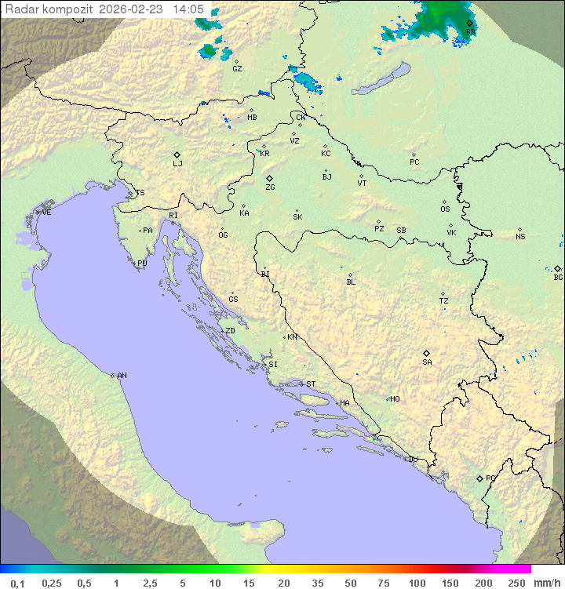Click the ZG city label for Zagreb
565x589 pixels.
270,187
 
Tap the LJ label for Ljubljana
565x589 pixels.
177,163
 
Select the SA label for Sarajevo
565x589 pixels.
427,362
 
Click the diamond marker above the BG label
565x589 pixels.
557,268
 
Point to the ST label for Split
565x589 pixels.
311,384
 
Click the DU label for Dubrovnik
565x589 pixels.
412,460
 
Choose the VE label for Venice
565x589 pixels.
46,213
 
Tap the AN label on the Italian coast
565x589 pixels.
122,376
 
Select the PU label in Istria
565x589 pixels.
142,264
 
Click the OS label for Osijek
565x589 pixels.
445,209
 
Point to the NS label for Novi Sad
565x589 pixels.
520,237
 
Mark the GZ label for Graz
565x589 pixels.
237,69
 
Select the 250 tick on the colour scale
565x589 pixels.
516,583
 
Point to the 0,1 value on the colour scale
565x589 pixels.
17,583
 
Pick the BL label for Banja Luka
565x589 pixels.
351,282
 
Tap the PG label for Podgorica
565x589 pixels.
490,478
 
